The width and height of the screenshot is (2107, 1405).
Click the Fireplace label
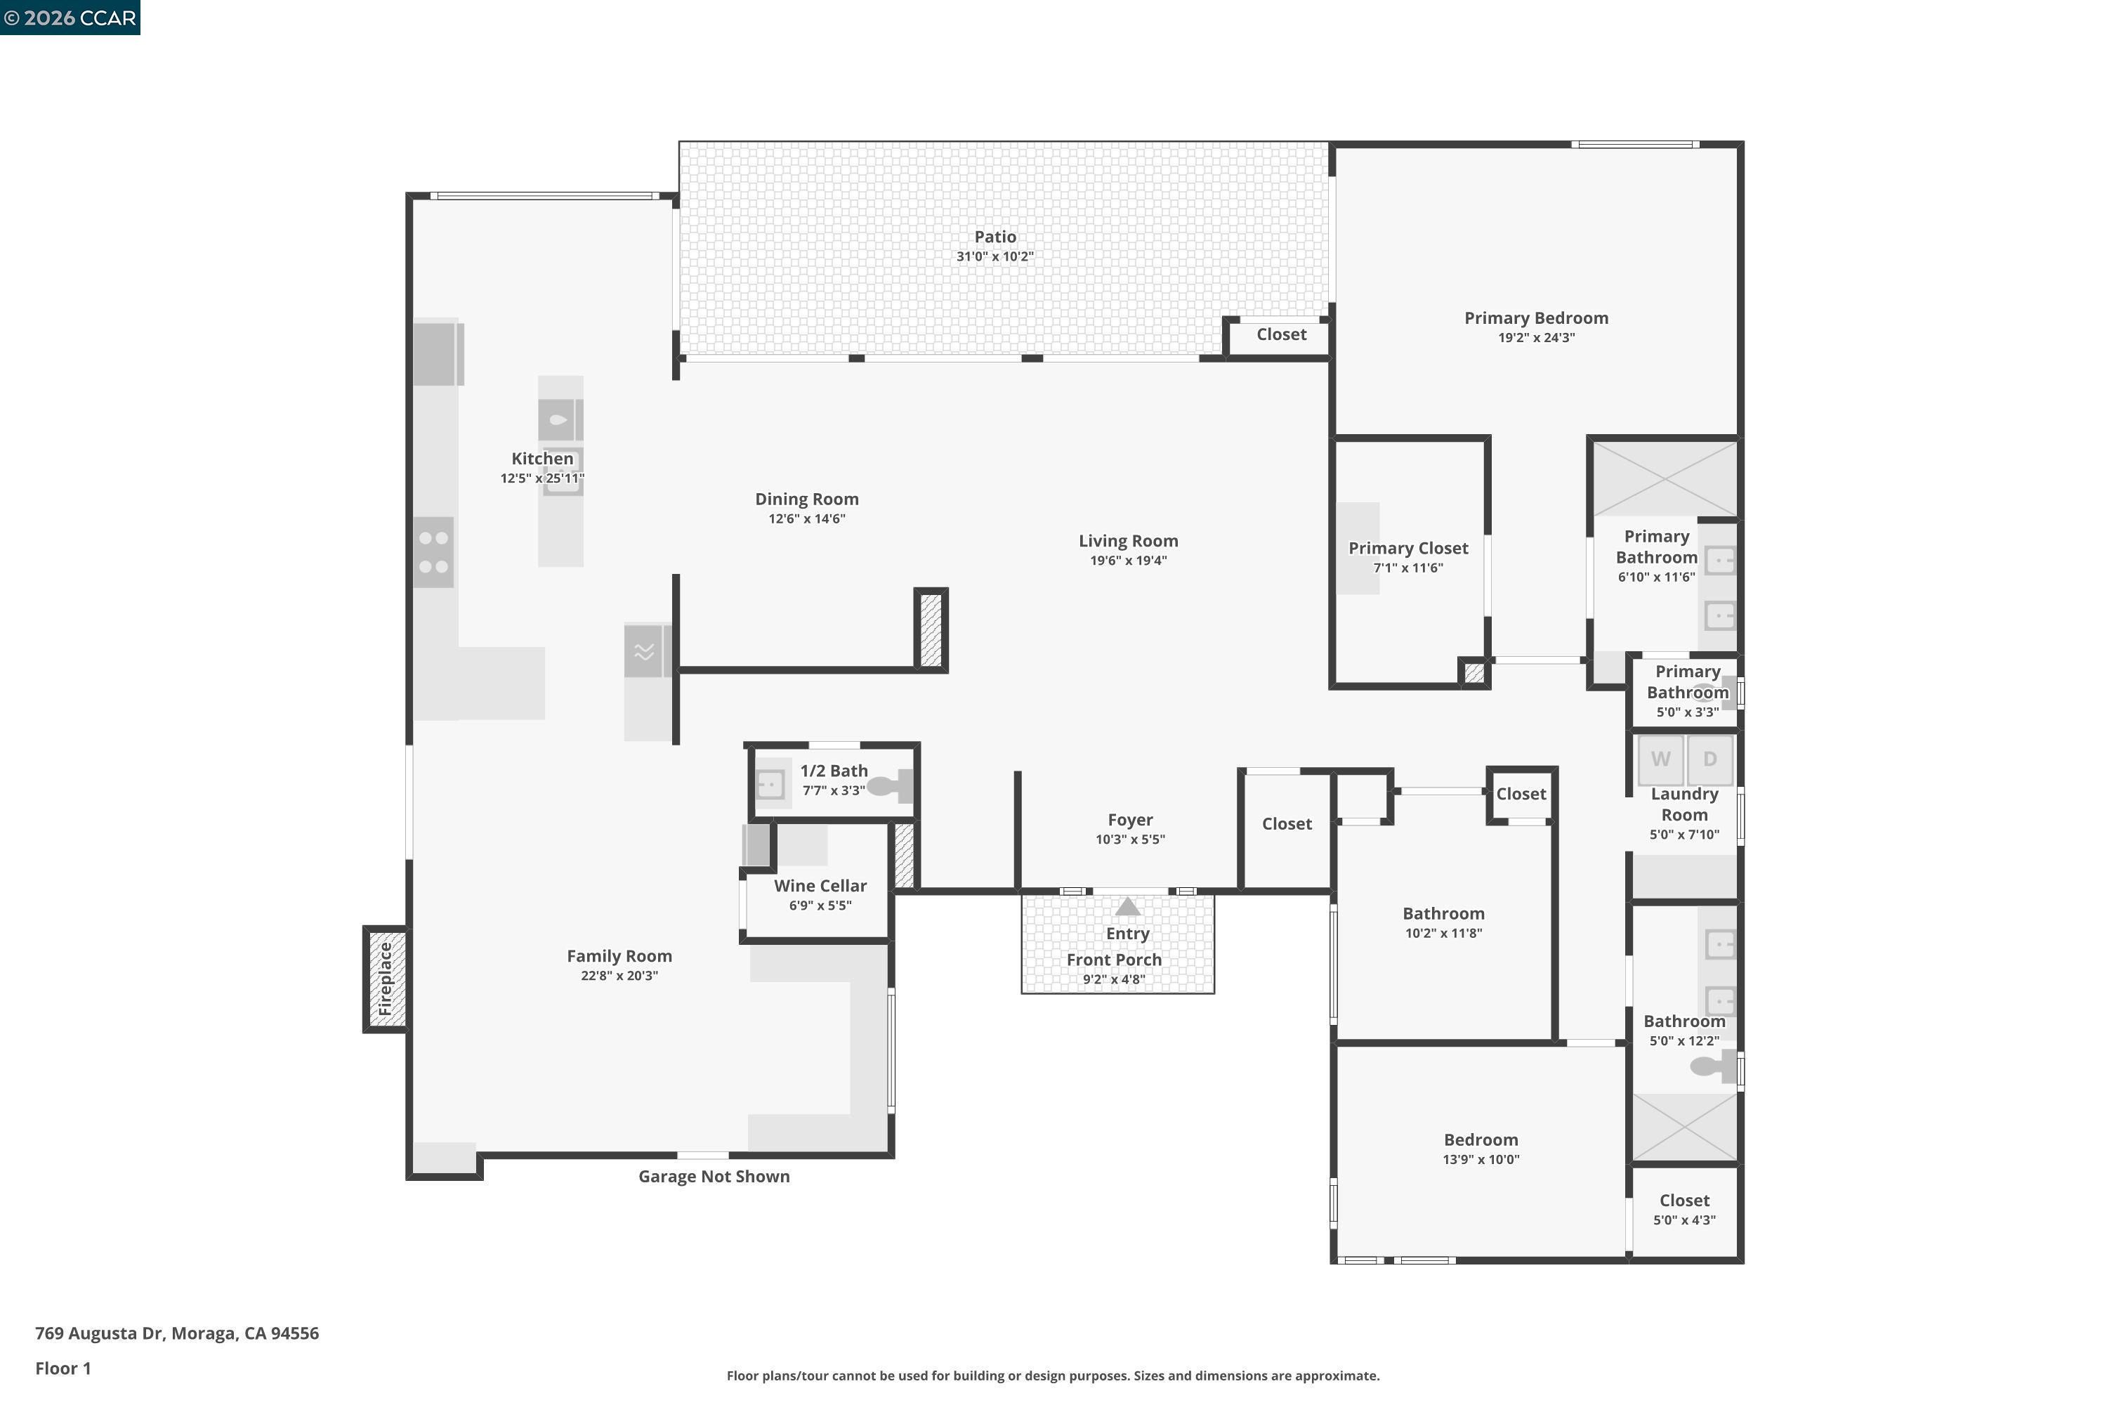pyautogui.click(x=385, y=979)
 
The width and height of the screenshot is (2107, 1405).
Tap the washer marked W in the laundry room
pyautogui.click(x=1660, y=759)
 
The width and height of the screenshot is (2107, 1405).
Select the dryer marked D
pyautogui.click(x=1709, y=759)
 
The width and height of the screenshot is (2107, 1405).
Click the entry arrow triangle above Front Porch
pyautogui.click(x=1127, y=907)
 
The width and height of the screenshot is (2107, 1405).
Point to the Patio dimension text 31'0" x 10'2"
pyautogui.click(x=995, y=256)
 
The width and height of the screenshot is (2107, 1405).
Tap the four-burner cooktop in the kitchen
pyautogui.click(x=433, y=552)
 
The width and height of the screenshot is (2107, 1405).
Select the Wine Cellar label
pyautogui.click(x=820, y=885)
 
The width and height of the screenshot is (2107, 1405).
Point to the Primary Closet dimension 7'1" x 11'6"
pyautogui.click(x=1407, y=568)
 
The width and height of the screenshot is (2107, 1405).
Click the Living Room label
pyautogui.click(x=1128, y=540)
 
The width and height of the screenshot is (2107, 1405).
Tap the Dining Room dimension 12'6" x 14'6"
pyautogui.click(x=806, y=519)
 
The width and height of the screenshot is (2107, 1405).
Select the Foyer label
pyautogui.click(x=1129, y=820)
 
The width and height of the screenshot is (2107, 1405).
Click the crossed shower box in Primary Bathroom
pyautogui.click(x=1665, y=478)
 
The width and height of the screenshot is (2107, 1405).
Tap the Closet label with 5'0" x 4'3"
pyautogui.click(x=1684, y=1201)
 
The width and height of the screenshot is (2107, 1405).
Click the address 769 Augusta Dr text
pyautogui.click(x=176, y=1333)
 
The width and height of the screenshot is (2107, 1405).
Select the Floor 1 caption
pyautogui.click(x=63, y=1368)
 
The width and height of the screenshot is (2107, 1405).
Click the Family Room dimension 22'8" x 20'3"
pyautogui.click(x=618, y=976)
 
